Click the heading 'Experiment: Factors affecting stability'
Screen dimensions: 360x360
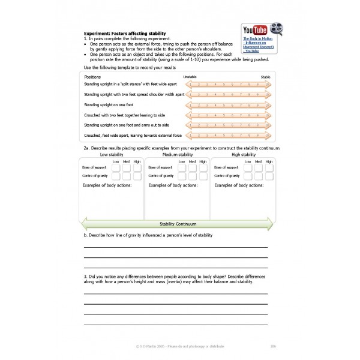(125, 32)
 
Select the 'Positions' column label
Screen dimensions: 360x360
(92, 77)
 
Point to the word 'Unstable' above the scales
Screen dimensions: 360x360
(190, 77)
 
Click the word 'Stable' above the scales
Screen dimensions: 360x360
(265, 77)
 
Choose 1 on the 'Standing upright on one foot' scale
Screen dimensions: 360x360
(191, 104)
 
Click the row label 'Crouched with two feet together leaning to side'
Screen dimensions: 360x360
(125, 115)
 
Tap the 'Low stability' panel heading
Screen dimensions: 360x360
(112, 155)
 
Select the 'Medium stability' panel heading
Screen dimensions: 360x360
(177, 155)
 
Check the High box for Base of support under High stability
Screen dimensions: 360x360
(269, 167)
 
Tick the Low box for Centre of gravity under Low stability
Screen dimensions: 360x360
(115, 176)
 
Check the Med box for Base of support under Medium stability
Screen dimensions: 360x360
(193, 167)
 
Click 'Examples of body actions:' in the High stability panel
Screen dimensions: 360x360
(238, 185)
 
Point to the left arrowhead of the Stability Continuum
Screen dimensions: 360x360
(83, 224)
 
